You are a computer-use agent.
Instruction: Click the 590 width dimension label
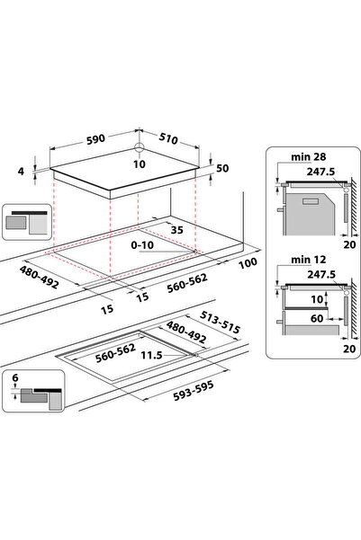point(95,139)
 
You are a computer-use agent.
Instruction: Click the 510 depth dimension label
point(168,138)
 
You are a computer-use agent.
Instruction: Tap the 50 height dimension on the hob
point(222,168)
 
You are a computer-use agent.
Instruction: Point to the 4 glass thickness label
point(22,171)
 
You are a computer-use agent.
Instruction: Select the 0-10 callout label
point(142,245)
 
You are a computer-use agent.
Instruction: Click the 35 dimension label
point(177,230)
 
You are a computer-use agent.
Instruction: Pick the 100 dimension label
point(248,263)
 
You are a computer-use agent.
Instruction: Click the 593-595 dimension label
point(194,391)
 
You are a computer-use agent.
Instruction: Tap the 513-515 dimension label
point(221,323)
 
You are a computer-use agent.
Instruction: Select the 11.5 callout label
point(151,355)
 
